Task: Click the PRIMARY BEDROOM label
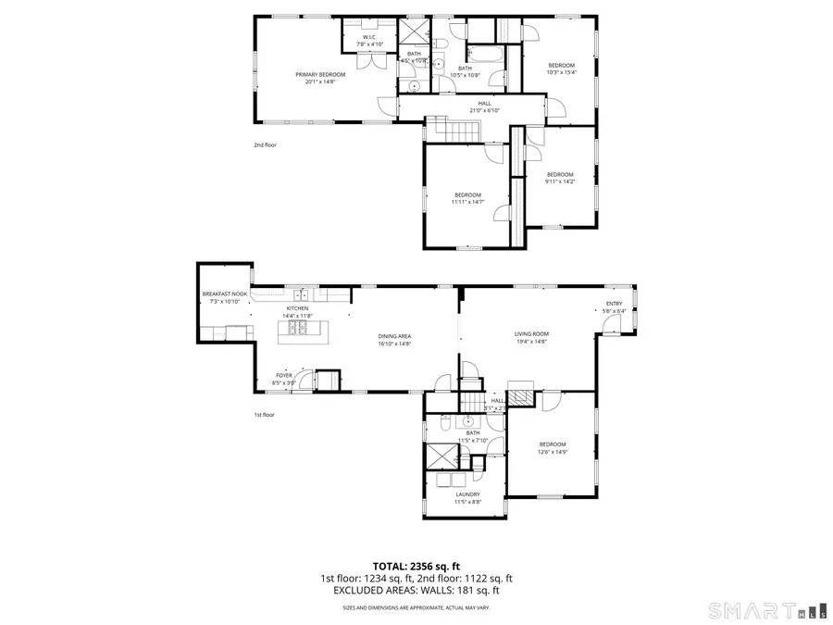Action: point(320,78)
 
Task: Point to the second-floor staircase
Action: point(454,131)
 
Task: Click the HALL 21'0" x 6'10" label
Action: point(484,106)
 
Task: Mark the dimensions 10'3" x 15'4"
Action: point(561,72)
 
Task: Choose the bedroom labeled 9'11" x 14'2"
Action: point(560,178)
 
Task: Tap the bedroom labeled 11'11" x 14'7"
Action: point(467,197)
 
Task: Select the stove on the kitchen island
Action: point(294,328)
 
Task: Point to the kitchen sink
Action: point(302,294)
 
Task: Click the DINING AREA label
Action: point(394,340)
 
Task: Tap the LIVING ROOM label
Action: point(532,337)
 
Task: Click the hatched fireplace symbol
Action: point(523,398)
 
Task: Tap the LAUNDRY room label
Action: point(467,498)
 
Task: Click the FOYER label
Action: point(283,378)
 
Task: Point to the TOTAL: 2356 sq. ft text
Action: point(416,565)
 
